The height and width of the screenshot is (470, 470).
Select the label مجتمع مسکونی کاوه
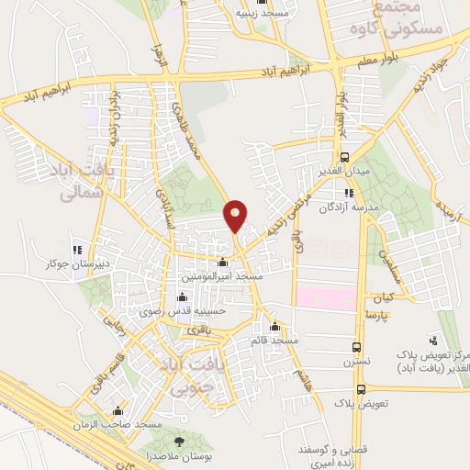pyautogui.click(x=409, y=18)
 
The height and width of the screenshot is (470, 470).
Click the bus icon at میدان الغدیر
pyautogui.click(x=345, y=157)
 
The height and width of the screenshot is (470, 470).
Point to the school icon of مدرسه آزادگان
pyautogui.click(x=349, y=193)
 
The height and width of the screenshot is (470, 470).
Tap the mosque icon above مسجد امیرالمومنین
pyautogui.click(x=222, y=263)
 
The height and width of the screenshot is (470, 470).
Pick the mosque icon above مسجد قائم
pyautogui.click(x=274, y=327)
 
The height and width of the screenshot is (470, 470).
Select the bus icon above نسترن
pyautogui.click(x=357, y=347)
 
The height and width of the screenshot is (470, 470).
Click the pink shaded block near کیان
pyautogui.click(x=325, y=298)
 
